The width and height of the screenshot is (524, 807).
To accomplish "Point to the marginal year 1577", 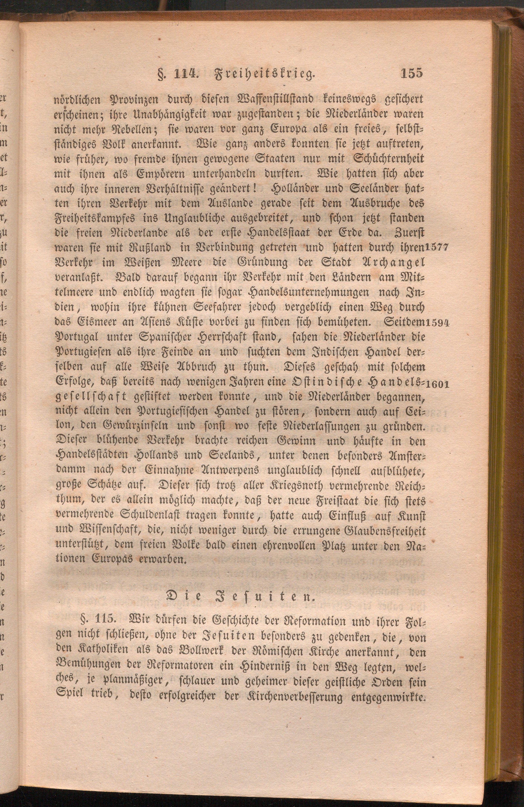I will point(437,247).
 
